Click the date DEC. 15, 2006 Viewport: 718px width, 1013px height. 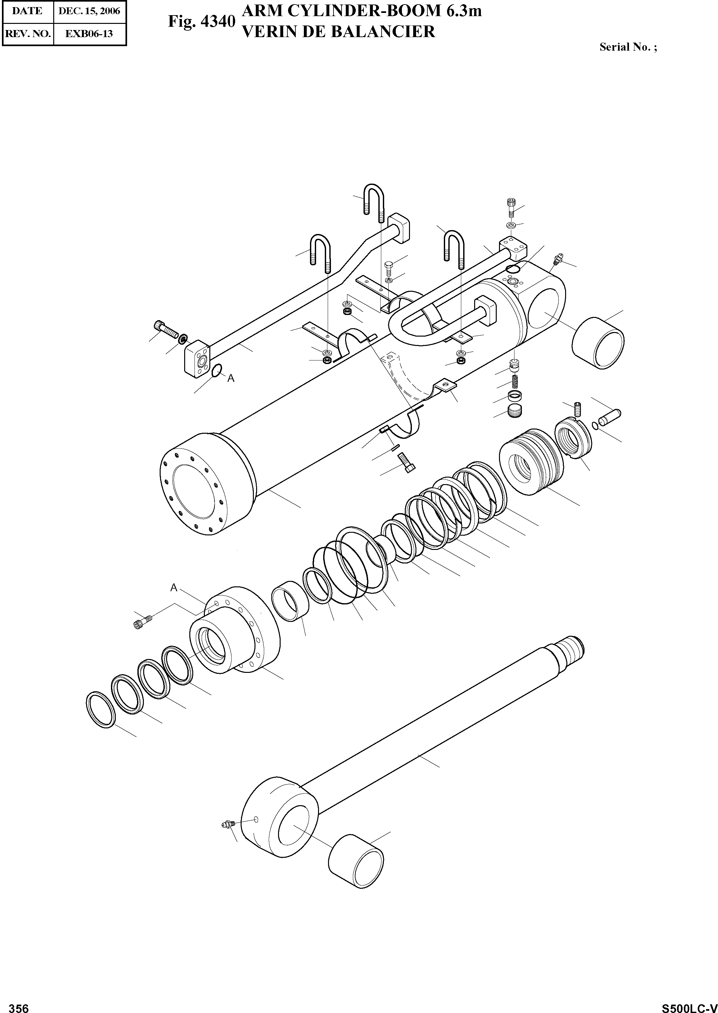(x=89, y=11)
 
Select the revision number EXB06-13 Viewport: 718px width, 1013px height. (x=89, y=34)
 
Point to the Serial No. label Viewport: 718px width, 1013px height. (x=628, y=47)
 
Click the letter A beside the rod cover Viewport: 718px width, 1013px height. (x=174, y=587)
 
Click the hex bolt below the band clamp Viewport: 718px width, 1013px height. (x=407, y=463)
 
